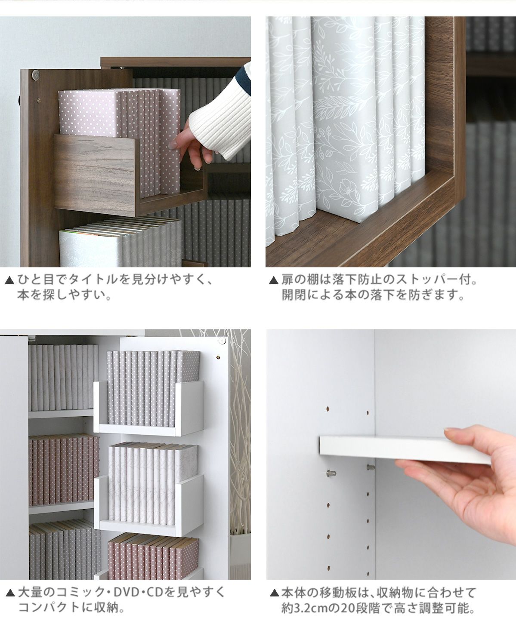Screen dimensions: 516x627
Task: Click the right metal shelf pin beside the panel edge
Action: [370, 467]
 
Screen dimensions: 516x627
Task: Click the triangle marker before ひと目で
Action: [10, 280]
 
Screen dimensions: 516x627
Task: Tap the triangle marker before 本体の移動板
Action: [274, 593]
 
